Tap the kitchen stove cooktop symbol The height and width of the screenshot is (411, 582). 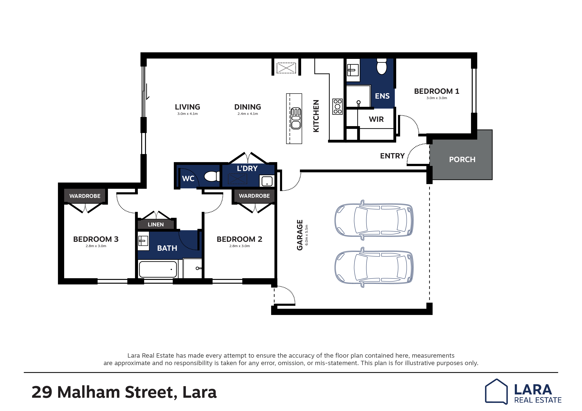point(337,107)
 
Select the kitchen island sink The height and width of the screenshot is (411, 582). point(296,118)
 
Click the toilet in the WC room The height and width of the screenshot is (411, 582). point(212,176)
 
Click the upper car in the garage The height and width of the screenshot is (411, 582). point(374,220)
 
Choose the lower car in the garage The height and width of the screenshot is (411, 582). point(374,267)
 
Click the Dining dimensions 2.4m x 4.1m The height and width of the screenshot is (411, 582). point(248,114)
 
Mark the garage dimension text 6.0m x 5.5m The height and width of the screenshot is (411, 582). point(306,235)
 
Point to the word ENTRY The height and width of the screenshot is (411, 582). point(392,156)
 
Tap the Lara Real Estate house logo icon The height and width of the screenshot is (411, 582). point(496,391)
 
